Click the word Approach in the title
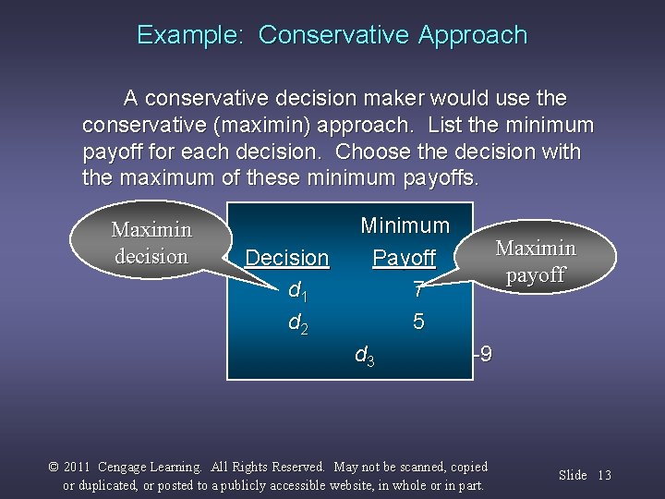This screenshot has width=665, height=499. (472, 36)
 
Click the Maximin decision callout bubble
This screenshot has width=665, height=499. (151, 242)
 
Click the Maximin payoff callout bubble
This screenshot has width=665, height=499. (536, 262)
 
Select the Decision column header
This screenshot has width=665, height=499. (287, 258)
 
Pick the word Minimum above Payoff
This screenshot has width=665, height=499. (405, 225)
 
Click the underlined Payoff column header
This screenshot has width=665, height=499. (404, 258)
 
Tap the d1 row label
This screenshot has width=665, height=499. (296, 291)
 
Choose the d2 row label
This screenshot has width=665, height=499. (296, 323)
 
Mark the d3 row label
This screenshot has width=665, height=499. (365, 354)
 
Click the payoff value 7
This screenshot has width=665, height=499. (418, 291)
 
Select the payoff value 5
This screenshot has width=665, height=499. (418, 323)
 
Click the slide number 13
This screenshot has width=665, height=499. (604, 475)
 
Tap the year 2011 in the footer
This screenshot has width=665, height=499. (77, 468)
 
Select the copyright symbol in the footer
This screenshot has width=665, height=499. (54, 468)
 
